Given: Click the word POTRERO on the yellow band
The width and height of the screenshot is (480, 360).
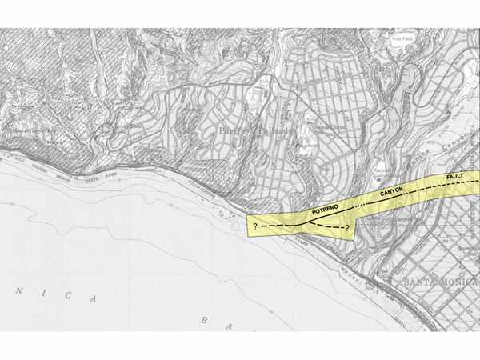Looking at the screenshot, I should point(325,208).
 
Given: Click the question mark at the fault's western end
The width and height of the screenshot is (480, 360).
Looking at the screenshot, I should point(254,228).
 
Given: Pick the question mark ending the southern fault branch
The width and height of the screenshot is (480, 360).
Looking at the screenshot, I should point(347,229).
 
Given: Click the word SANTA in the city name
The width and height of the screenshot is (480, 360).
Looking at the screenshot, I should point(423,283).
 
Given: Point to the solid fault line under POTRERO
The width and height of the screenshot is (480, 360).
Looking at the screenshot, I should point(324,215).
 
